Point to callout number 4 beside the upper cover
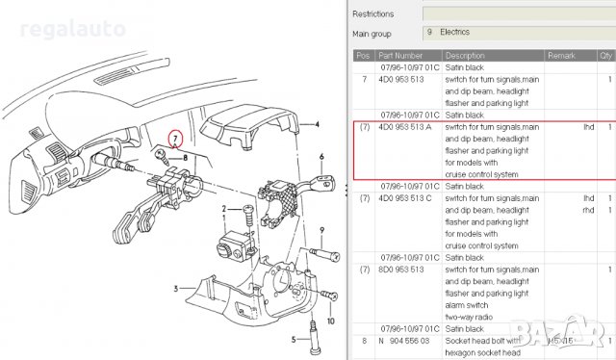318,124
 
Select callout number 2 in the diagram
223,209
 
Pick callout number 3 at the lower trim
176,288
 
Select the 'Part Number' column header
399,55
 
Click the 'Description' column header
465,55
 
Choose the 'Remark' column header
561,55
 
